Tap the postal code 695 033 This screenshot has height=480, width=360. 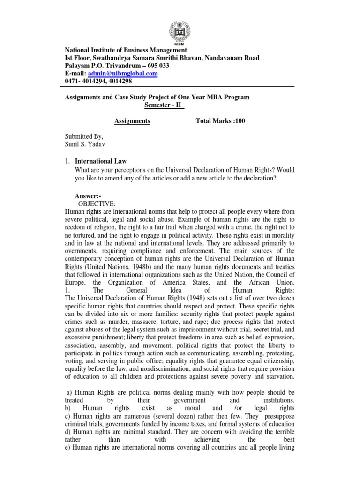pos(158,66)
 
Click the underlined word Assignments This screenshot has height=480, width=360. pos(132,121)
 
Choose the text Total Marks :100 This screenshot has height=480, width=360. pos(220,121)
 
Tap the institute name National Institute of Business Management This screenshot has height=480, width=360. pos(126,50)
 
